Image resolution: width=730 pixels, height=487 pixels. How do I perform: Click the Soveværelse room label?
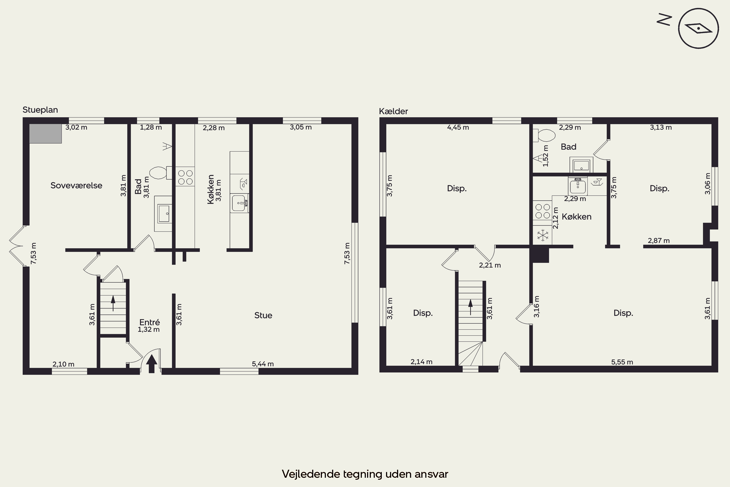coord(76,185)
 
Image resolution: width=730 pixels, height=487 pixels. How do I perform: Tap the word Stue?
coord(263,315)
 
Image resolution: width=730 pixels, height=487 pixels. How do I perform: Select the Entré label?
coord(150,322)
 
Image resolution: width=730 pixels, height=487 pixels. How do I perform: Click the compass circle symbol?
coord(698,28)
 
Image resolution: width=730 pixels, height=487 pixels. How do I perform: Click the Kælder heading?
coord(393,111)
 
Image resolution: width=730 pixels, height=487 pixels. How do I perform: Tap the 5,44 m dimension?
coord(263,364)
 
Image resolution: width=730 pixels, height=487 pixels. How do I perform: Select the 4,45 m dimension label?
coord(458,127)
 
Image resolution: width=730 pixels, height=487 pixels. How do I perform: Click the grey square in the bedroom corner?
coord(45,133)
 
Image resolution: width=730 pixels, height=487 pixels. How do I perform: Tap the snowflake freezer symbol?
coord(543,235)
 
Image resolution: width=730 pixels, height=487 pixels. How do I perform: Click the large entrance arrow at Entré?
coord(151,364)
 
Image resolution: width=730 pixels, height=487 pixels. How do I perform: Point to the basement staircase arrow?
coord(471,307)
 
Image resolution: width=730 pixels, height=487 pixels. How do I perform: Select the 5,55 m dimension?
coord(622,362)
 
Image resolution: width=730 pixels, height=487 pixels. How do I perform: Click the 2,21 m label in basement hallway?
coord(490,265)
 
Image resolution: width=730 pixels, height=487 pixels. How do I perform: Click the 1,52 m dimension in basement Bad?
coord(546,156)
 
